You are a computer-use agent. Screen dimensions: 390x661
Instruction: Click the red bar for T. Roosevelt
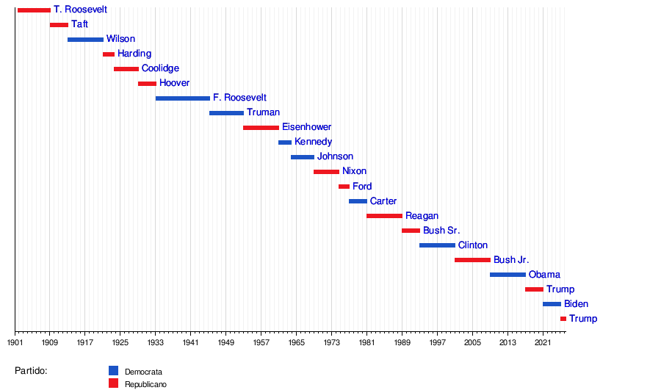34,10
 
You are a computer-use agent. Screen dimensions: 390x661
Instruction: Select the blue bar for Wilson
85,40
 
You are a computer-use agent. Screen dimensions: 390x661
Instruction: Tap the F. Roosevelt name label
239,98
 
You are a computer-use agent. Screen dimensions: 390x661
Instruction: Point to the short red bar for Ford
344,187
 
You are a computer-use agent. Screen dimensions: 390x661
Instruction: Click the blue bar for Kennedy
285,142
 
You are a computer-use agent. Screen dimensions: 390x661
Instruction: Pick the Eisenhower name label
306,127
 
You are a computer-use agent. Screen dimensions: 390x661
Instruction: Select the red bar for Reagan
384,216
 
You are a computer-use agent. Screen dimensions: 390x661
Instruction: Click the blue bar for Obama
508,275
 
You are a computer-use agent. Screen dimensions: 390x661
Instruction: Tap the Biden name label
576,304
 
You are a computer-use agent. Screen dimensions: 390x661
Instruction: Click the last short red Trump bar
563,319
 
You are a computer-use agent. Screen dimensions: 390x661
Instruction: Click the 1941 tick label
190,342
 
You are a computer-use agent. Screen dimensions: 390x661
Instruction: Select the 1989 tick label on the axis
402,342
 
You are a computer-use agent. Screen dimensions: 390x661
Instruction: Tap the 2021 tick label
542,342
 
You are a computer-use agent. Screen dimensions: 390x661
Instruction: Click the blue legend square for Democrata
113,371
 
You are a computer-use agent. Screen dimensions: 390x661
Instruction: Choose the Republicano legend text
145,385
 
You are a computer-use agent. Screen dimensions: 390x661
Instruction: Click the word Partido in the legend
31,371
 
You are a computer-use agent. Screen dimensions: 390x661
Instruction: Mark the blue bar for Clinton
437,245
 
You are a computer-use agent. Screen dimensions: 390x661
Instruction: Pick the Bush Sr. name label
441,231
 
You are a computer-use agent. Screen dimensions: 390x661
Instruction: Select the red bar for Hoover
147,84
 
